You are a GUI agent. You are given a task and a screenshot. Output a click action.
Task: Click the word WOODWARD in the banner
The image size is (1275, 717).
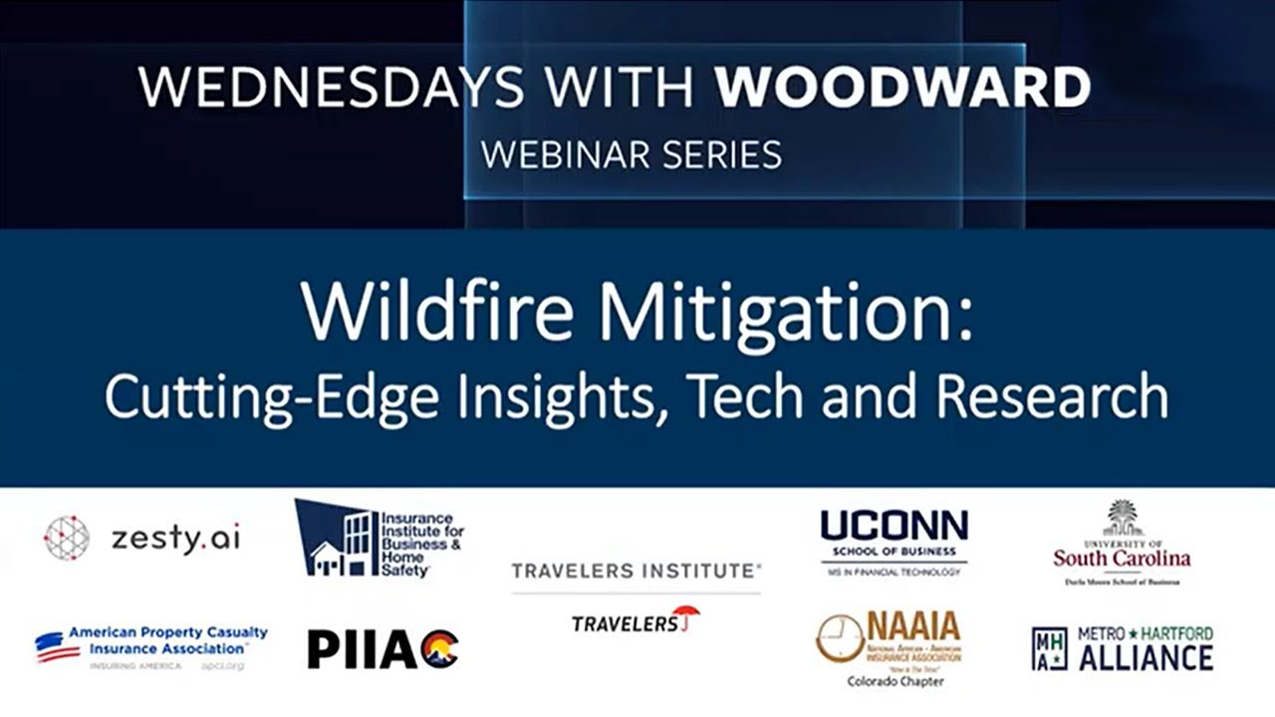point(902,89)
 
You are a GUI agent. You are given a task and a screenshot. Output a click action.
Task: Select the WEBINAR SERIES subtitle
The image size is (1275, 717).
point(631,154)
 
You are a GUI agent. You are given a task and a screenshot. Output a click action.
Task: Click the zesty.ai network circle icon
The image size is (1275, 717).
point(67,538)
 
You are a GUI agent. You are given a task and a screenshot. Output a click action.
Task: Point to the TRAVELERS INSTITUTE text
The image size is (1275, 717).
point(636,571)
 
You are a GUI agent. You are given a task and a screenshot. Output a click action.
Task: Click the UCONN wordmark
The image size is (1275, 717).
point(893,527)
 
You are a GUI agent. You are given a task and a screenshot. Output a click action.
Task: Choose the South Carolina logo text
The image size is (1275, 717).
point(1122,558)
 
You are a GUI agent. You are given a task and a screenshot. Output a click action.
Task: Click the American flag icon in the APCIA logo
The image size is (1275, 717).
point(57,647)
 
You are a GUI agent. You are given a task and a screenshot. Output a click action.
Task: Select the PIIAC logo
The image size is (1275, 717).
point(382,649)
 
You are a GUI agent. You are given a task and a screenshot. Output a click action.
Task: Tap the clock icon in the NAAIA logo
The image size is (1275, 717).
point(840,638)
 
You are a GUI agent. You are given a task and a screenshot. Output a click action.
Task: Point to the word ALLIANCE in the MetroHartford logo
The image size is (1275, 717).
point(1146,657)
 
